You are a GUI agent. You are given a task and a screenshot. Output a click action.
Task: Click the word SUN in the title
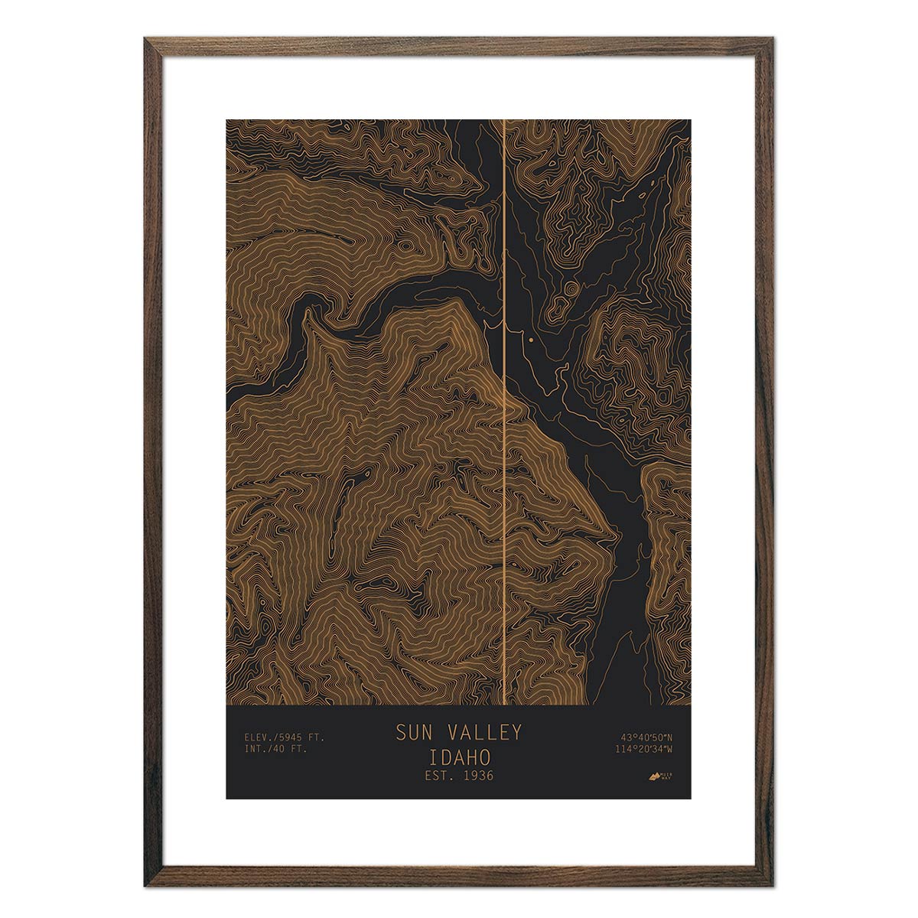[413, 733]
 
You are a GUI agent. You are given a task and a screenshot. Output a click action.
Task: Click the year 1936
[477, 776]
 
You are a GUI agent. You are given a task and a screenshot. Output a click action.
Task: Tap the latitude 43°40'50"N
[646, 737]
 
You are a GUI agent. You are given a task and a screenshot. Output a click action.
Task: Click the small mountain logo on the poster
[653, 776]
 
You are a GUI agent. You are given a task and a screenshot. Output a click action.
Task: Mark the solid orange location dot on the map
[529, 338]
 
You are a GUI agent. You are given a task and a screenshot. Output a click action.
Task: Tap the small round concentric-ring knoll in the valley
[571, 288]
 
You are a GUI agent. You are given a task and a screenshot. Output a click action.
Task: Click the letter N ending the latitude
[669, 737]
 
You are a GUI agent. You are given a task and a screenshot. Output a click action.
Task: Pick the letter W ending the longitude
[669, 749]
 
